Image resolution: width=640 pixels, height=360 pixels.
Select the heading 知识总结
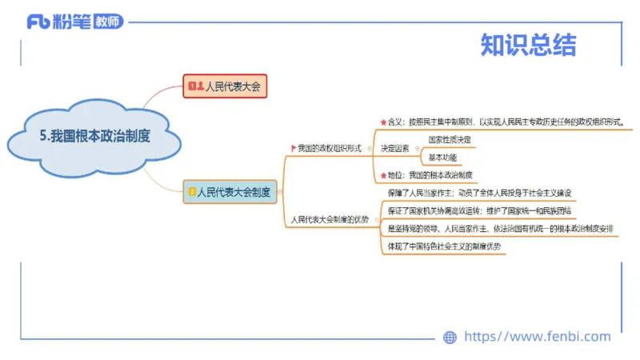click(528, 45)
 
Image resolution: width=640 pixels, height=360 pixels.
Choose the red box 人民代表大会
click(226, 86)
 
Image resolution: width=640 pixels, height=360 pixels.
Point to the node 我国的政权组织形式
click(330, 148)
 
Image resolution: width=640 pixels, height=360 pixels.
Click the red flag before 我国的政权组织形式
click(293, 148)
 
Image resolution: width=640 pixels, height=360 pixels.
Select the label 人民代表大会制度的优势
click(330, 218)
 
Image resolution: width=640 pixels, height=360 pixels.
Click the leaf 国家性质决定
click(450, 139)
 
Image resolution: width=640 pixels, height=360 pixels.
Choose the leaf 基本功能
click(442, 157)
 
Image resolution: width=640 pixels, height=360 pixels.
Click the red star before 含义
click(383, 122)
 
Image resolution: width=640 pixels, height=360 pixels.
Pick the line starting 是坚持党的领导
click(500, 228)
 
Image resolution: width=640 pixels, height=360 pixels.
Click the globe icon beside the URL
click(450, 338)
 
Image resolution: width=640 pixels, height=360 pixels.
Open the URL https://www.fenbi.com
click(537, 337)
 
